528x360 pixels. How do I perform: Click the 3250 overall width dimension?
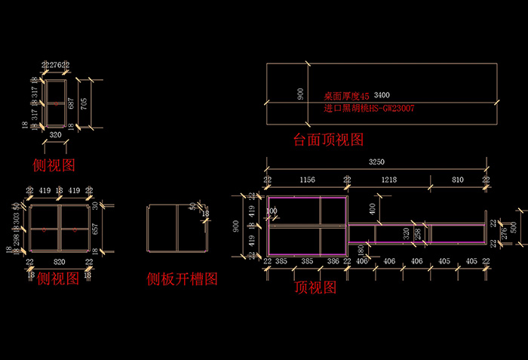pyautogui.click(x=376, y=162)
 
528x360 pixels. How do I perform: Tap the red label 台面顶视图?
pyautogui.click(x=329, y=140)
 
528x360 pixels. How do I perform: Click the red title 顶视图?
pyautogui.click(x=315, y=288)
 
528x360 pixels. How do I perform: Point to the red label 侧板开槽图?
pyautogui.click(x=182, y=279)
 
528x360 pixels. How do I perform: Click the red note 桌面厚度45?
pyautogui.click(x=346, y=97)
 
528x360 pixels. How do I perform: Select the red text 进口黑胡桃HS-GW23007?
pyautogui.click(x=369, y=109)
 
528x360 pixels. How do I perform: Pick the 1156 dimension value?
pyautogui.click(x=308, y=180)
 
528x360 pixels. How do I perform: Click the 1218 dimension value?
pyautogui.click(x=388, y=180)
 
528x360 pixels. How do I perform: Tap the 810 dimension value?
pyautogui.click(x=458, y=180)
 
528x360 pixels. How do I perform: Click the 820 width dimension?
pyautogui.click(x=59, y=261)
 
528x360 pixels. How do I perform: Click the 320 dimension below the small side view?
pyautogui.click(x=54, y=135)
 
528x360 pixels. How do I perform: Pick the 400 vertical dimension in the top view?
pyautogui.click(x=373, y=207)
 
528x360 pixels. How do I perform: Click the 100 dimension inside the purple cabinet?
pyautogui.click(x=272, y=211)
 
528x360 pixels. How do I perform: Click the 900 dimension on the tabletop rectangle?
pyautogui.click(x=301, y=94)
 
